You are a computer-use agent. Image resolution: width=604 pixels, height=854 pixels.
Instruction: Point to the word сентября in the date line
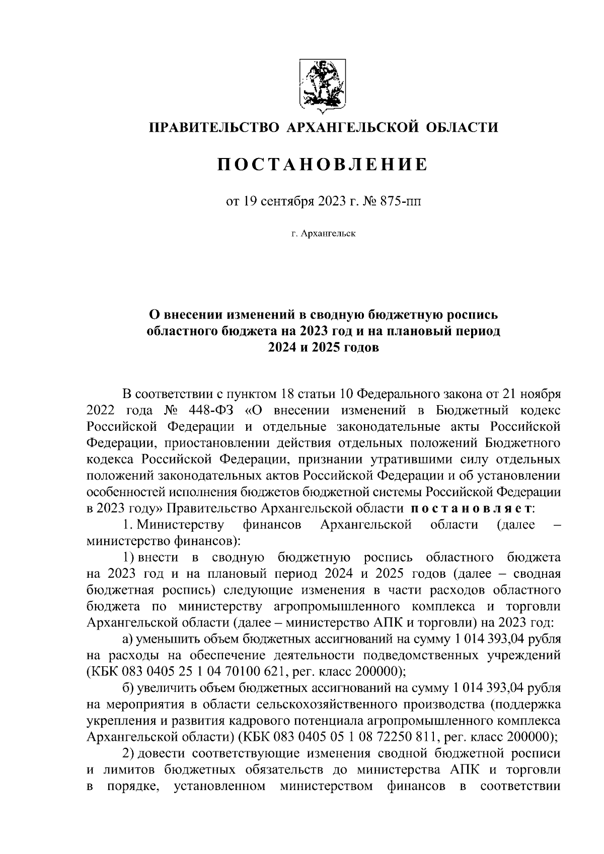tap(287, 202)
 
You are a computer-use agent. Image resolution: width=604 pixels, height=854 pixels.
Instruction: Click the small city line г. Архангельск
tap(323, 234)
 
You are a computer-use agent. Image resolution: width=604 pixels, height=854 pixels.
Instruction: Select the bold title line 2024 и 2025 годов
tap(323, 348)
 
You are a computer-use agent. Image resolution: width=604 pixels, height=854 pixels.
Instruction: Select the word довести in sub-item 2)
tap(161, 753)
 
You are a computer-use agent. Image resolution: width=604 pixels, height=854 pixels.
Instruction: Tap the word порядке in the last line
tap(131, 786)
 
